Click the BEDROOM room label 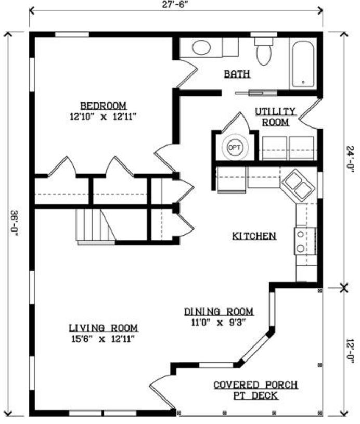(x=104, y=106)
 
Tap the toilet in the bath (x=264, y=52)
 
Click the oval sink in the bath (x=201, y=47)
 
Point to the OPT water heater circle (x=234, y=148)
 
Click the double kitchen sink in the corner (x=298, y=186)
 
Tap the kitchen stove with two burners (x=305, y=241)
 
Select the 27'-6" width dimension (x=175, y=5)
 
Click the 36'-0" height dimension (x=14, y=224)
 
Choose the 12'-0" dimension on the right (x=351, y=352)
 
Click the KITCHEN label (x=254, y=236)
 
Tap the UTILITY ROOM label (x=275, y=117)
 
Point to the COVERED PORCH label (x=256, y=384)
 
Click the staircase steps (x=96, y=226)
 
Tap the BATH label (x=237, y=74)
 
